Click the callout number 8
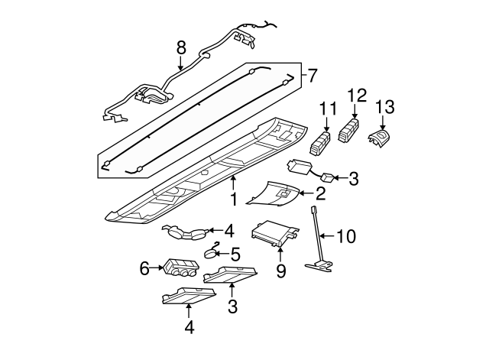pyautogui.click(x=181, y=48)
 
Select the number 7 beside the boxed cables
pyautogui.click(x=312, y=76)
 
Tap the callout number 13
pyautogui.click(x=384, y=107)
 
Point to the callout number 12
pyautogui.click(x=357, y=96)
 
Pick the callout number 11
pyautogui.click(x=328, y=109)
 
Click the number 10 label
pyautogui.click(x=346, y=236)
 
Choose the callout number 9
pyautogui.click(x=280, y=271)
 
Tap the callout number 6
pyautogui.click(x=144, y=268)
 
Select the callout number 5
pyautogui.click(x=235, y=255)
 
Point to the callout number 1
pyautogui.click(x=233, y=199)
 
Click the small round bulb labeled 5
pyautogui.click(x=210, y=253)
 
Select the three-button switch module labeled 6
pyautogui.click(x=180, y=268)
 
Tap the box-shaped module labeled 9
pyautogui.click(x=274, y=233)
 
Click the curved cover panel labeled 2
pyautogui.click(x=273, y=193)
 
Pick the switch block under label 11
pyautogui.click(x=320, y=143)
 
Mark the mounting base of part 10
pyautogui.click(x=319, y=266)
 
